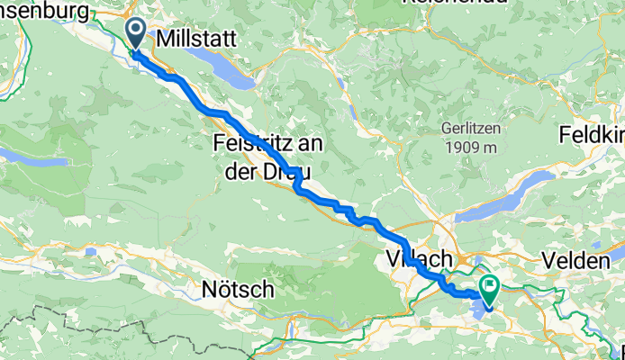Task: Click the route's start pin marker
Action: click(136, 35)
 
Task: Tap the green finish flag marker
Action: click(491, 289)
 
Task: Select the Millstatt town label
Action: click(195, 40)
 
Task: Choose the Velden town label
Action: click(576, 260)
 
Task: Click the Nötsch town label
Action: click(238, 290)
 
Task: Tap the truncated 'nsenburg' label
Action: click(45, 11)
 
